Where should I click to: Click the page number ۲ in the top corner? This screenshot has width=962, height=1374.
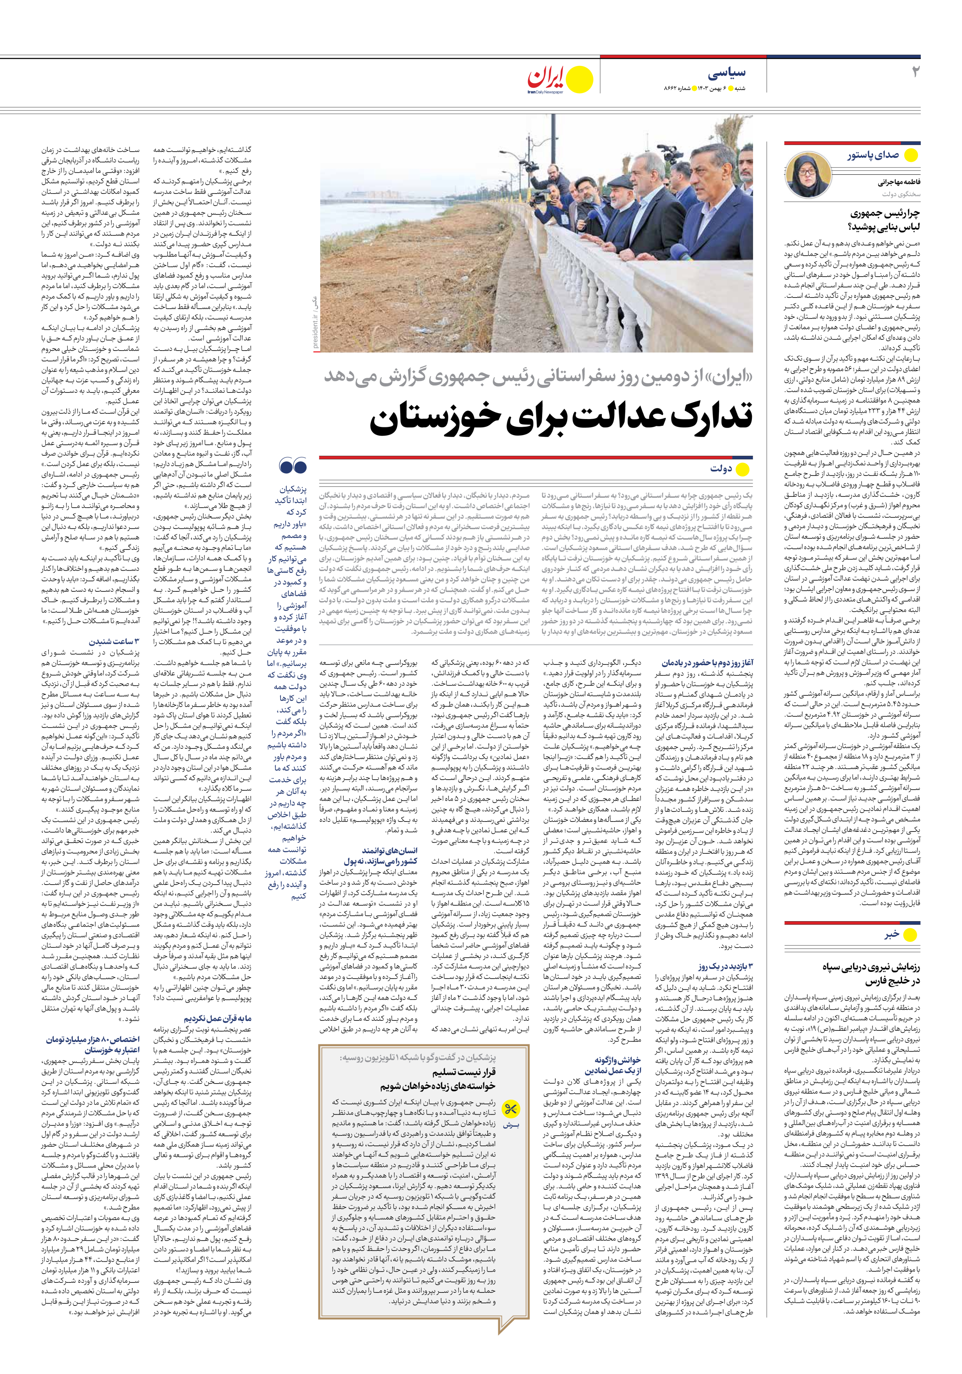[x=915, y=72]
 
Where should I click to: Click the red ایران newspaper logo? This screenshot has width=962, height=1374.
[x=546, y=78]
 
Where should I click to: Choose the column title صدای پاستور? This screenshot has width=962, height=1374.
[x=872, y=155]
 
